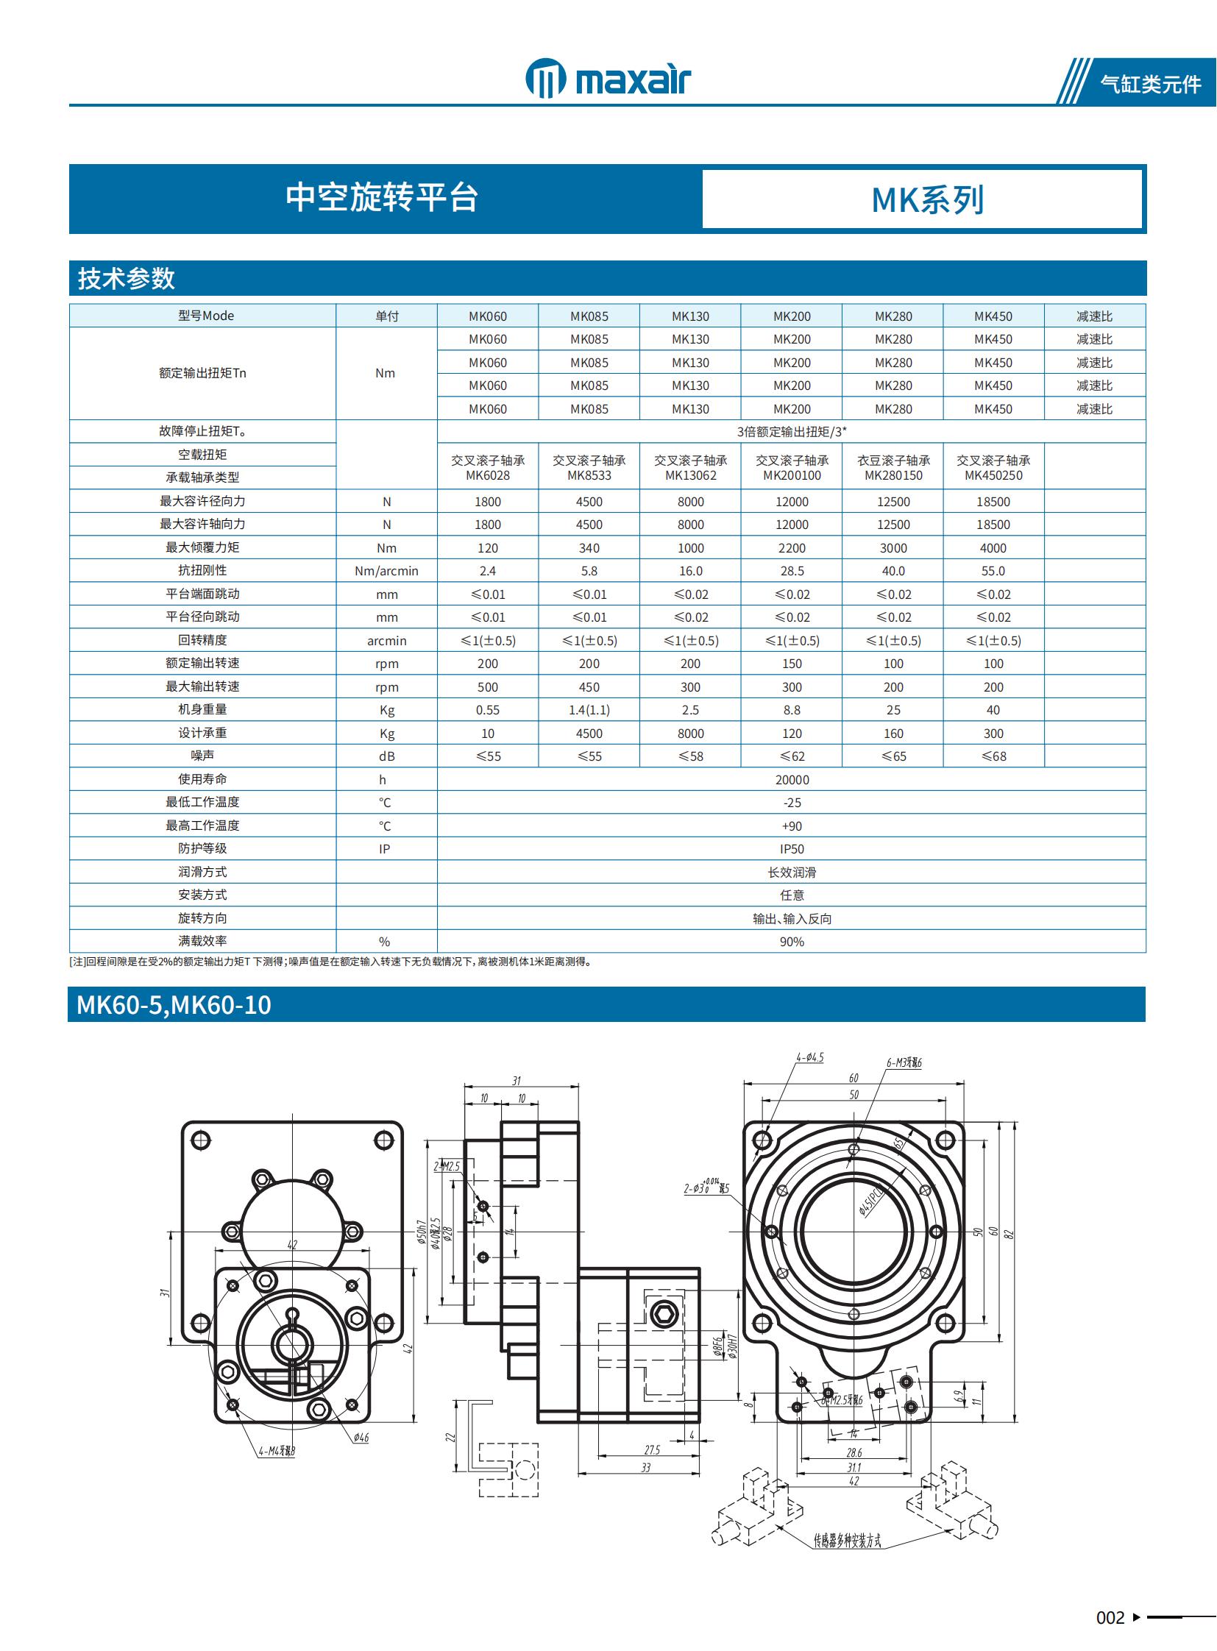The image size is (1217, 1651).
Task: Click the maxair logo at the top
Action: (608, 79)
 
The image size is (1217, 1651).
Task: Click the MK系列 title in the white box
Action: (927, 199)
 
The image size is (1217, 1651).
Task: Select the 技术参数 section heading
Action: (127, 279)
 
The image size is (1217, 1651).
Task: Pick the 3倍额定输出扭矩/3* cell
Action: (791, 432)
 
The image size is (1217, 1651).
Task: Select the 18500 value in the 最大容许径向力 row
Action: (993, 502)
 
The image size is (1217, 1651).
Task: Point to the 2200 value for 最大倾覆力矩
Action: (791, 548)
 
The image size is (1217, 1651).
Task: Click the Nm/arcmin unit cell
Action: (386, 571)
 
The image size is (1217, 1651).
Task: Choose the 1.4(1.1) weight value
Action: (589, 710)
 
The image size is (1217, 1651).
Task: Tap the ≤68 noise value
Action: (993, 756)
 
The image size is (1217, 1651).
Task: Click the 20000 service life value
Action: (791, 780)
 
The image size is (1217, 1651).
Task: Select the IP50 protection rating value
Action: (791, 850)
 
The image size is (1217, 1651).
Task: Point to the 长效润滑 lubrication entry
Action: (791, 873)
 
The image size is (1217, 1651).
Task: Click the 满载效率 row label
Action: (202, 942)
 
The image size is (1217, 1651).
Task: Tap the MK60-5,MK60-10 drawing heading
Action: (174, 1005)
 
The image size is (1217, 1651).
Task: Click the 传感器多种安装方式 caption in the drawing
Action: (846, 1541)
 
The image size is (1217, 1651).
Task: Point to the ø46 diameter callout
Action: (361, 1438)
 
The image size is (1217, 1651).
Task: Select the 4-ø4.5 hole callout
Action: (809, 1057)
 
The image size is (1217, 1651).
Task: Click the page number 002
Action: (1110, 1618)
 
